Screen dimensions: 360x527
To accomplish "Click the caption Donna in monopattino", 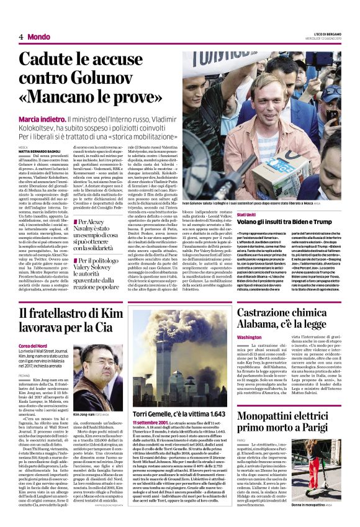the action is (311, 505).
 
